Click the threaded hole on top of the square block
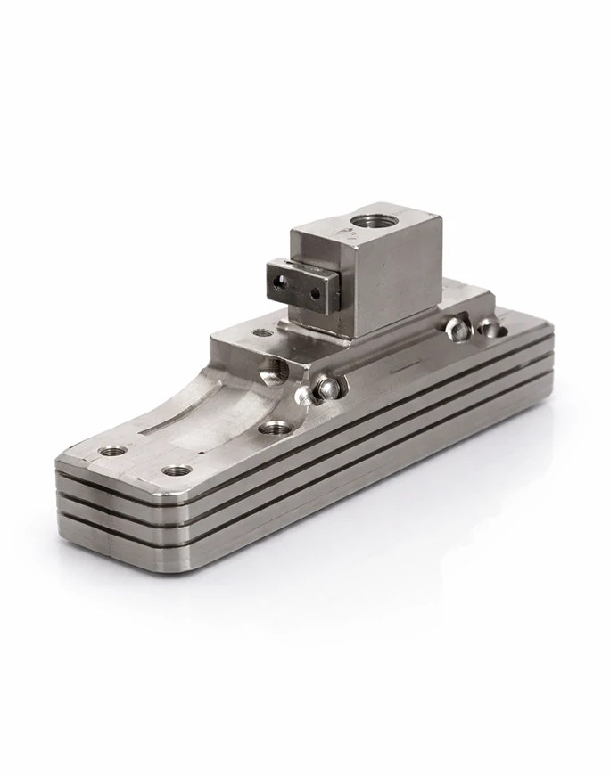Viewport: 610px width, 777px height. coord(367,219)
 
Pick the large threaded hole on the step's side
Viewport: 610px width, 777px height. coord(273,369)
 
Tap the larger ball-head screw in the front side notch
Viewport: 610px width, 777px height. coord(327,387)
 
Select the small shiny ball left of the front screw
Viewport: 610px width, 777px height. coord(303,393)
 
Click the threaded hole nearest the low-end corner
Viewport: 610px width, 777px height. coord(112,451)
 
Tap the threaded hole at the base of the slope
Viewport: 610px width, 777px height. coord(276,428)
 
